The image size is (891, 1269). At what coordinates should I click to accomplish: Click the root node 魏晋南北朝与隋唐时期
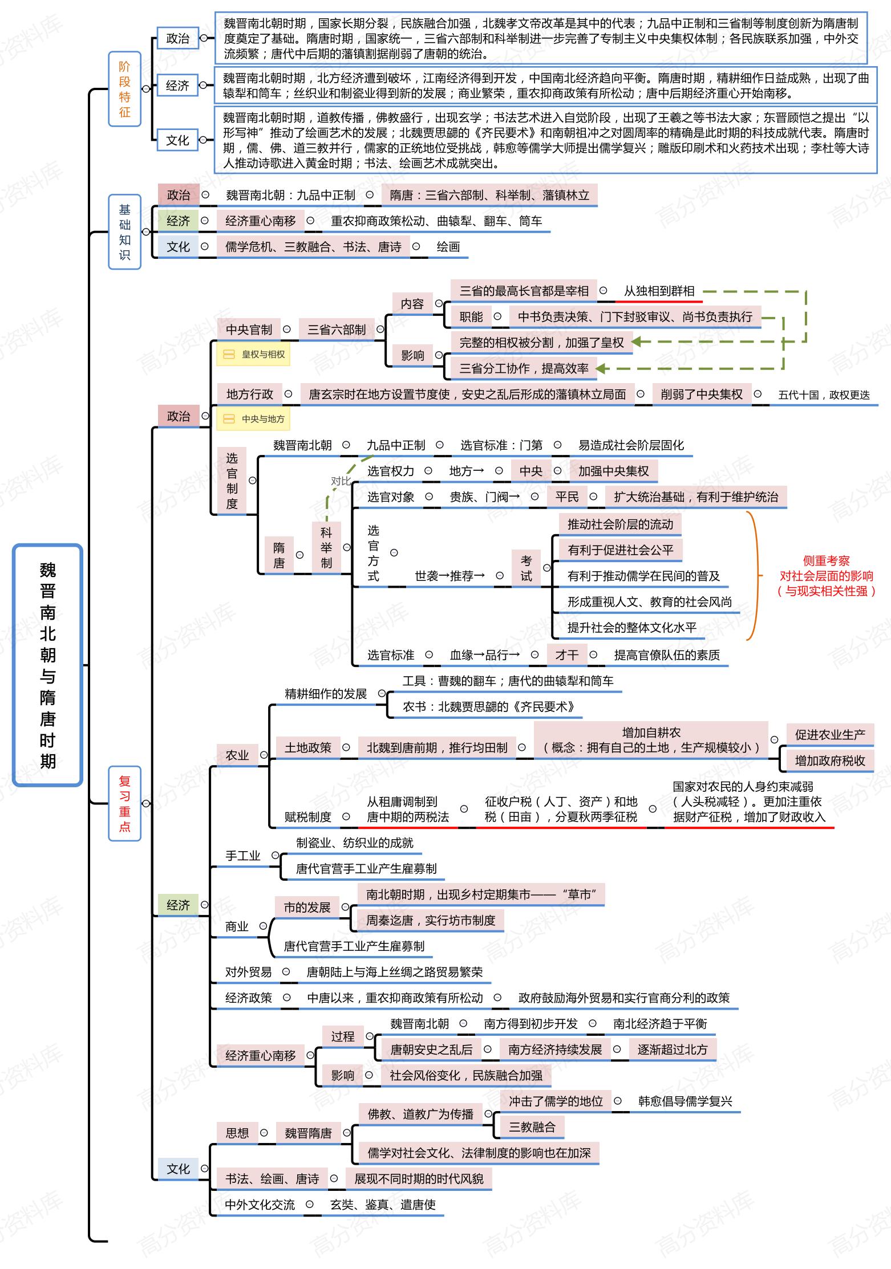pos(47,665)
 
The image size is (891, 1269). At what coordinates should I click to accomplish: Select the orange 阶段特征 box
pos(124,89)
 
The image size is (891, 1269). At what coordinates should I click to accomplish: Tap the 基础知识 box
pos(124,232)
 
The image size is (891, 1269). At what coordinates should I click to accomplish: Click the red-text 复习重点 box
pos(124,803)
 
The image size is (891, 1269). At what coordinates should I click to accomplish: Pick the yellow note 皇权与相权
pos(253,355)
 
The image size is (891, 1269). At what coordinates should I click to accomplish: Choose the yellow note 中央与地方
pos(253,419)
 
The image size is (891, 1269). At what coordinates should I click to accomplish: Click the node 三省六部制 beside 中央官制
pos(336,330)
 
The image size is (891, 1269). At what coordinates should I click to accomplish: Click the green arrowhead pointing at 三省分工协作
pos(602,368)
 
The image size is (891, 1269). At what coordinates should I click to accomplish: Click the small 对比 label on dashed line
pos(341,481)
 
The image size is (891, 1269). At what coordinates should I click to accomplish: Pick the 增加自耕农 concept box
pos(651,740)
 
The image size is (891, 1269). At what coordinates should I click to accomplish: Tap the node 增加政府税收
pos(829,760)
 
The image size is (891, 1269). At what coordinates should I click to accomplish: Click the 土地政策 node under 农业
pos(308,747)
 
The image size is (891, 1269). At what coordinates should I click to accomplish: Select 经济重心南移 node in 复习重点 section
pos(260,1055)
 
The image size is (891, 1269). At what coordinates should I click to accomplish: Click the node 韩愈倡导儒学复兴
pos(685,1101)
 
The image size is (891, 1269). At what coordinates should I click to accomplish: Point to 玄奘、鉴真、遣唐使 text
pos(383,1205)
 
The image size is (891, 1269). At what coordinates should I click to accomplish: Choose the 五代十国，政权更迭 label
pos(824,394)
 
